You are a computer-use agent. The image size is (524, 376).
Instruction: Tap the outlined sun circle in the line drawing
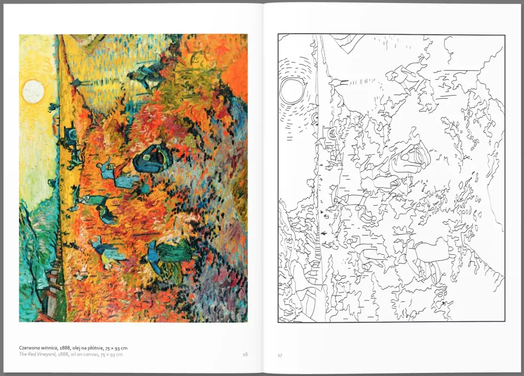[x=292, y=91]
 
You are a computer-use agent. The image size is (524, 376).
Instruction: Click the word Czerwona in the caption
[x=31, y=348]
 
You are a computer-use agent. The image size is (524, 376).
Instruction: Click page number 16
[x=245, y=354]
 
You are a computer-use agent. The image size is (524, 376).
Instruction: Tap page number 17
[x=279, y=355]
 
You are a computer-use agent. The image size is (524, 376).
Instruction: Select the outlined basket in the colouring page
[x=409, y=158]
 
